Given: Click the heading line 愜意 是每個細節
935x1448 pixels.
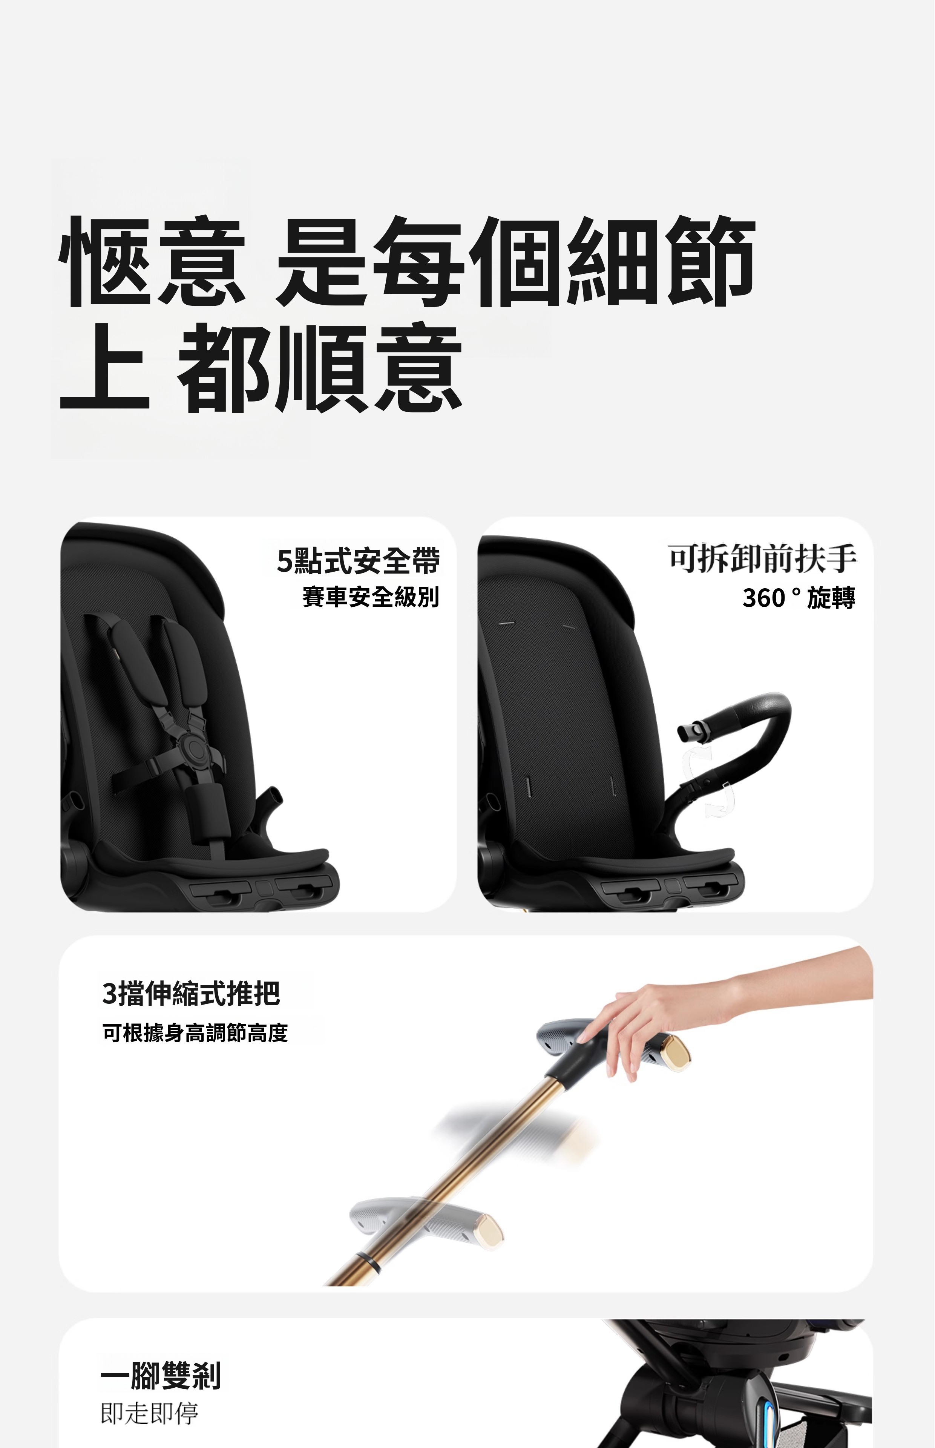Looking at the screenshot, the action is (407, 261).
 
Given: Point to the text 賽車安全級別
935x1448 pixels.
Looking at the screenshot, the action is (370, 597).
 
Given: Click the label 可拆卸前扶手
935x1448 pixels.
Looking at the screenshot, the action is (763, 558).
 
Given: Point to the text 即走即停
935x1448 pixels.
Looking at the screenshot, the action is (149, 1413).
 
